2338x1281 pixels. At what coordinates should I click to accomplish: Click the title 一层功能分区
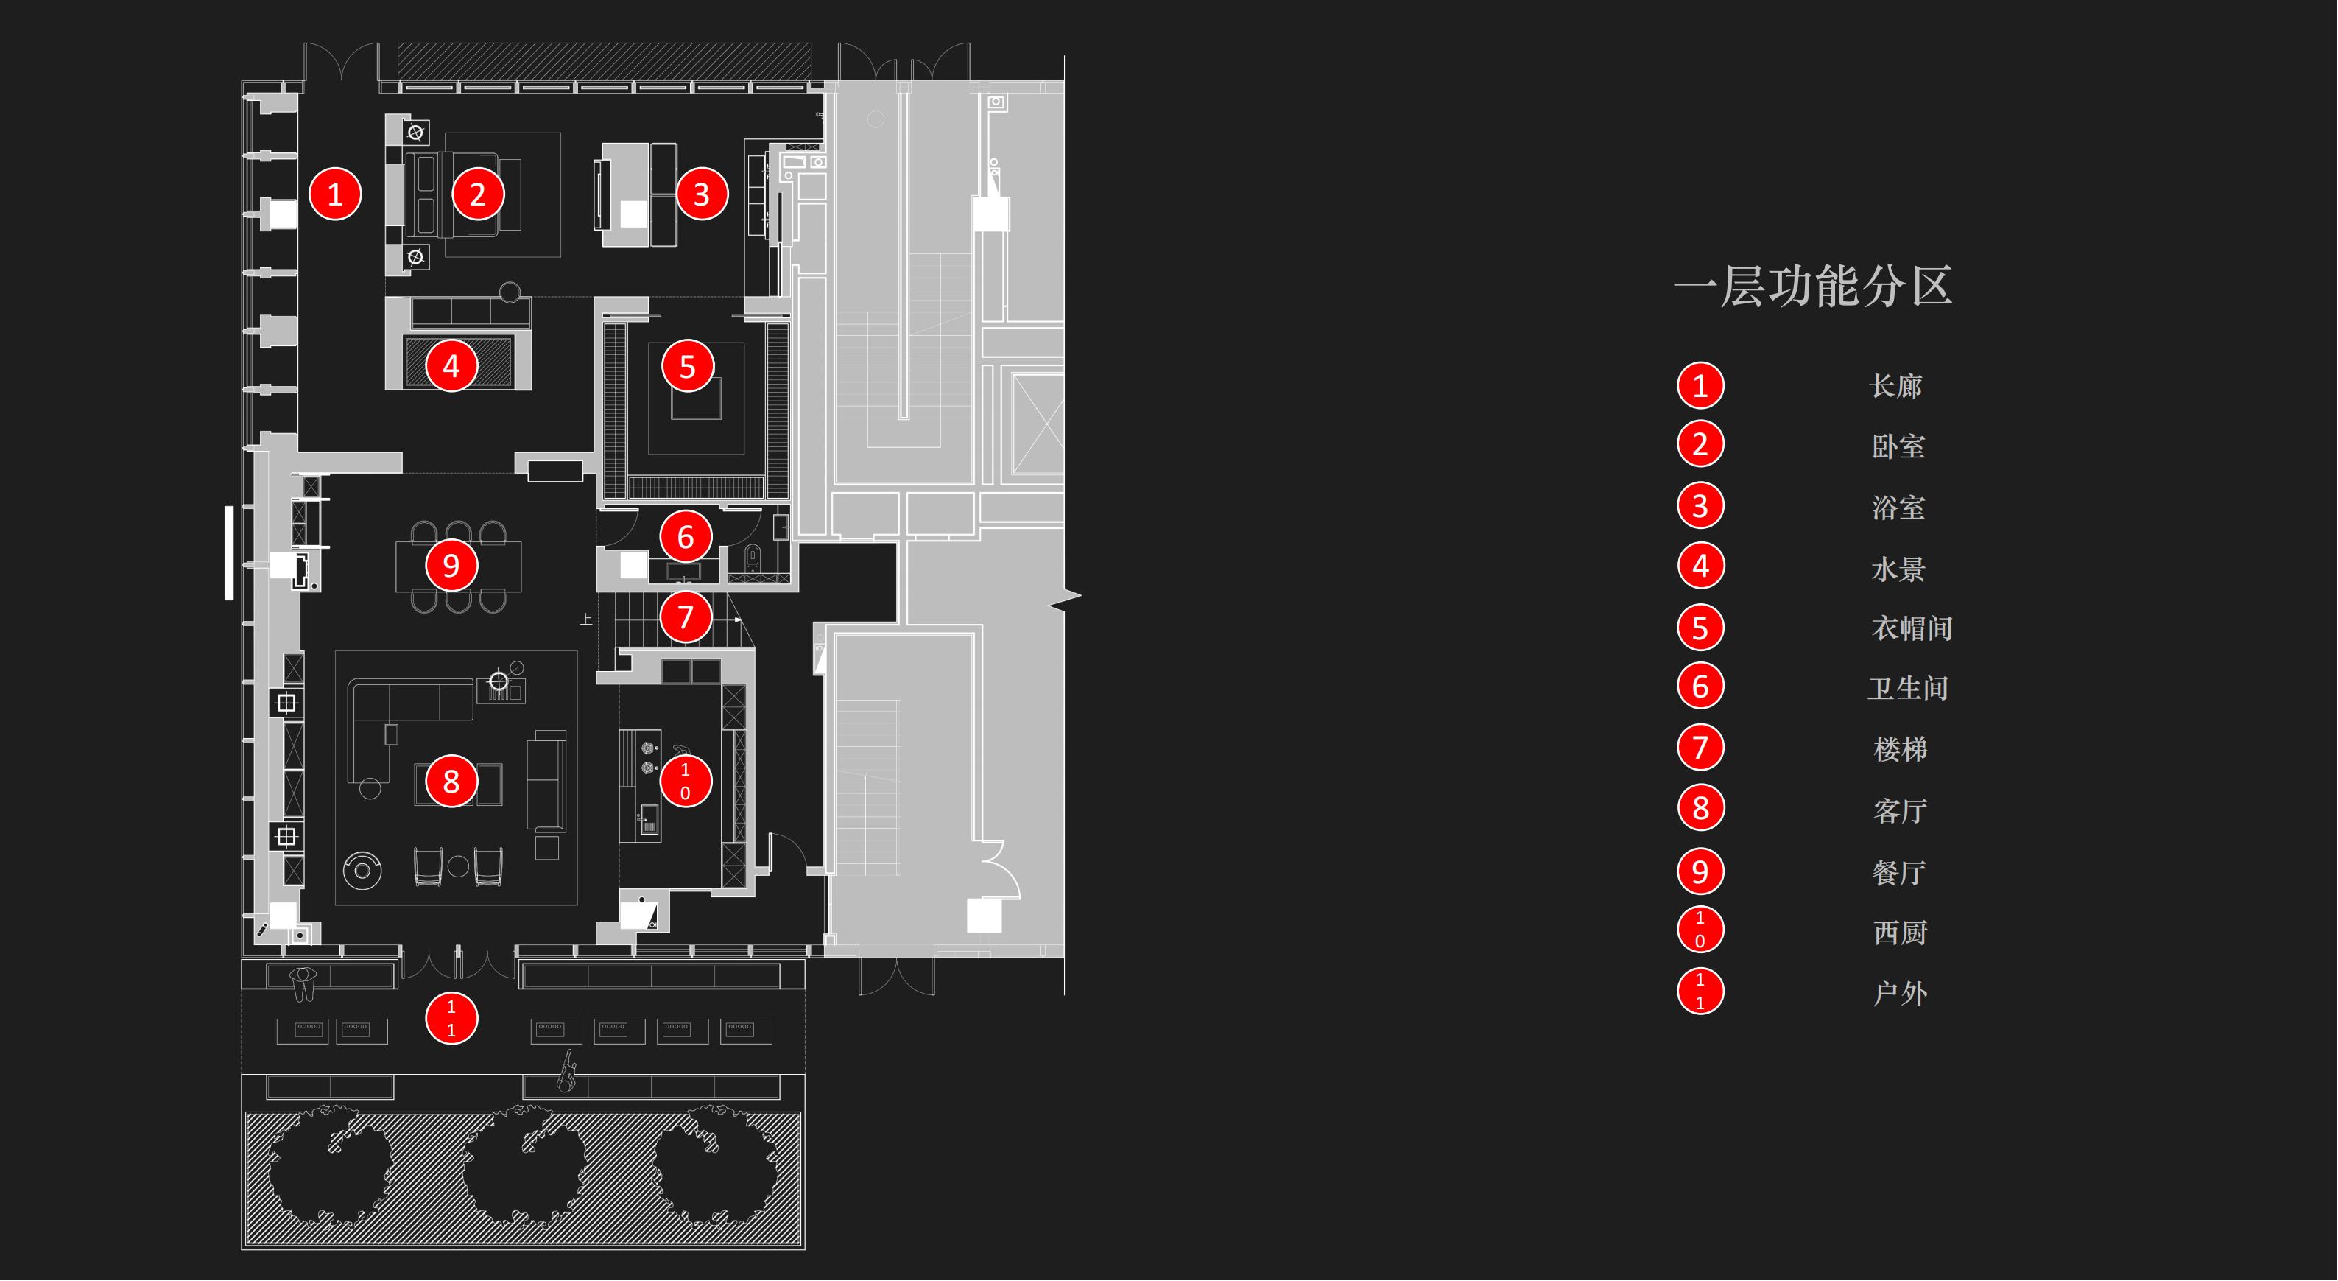coord(1812,286)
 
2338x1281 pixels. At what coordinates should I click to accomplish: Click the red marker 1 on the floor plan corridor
coord(335,194)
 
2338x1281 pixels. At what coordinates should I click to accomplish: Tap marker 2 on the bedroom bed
coord(477,194)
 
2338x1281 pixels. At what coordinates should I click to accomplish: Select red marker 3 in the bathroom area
coord(701,194)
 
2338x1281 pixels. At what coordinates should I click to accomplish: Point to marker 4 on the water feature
coord(451,366)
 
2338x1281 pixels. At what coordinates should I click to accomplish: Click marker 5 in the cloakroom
coord(687,367)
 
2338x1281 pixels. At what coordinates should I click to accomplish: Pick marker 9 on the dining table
coord(451,566)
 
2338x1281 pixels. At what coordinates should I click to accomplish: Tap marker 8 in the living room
coord(451,781)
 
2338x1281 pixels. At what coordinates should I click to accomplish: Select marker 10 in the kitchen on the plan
coord(686,781)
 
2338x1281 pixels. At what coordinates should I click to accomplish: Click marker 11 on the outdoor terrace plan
coord(451,1019)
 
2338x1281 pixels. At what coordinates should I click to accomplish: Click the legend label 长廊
coord(1896,386)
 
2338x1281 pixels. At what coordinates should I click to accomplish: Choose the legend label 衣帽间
coord(1912,628)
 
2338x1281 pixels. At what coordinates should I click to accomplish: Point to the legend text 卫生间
coord(1909,688)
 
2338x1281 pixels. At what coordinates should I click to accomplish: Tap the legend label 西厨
coord(1901,933)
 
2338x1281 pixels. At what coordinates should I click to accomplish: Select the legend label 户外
coord(1901,993)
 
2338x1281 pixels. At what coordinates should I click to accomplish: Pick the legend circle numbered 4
coord(1700,566)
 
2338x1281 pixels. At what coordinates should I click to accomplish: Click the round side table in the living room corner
coord(362,871)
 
